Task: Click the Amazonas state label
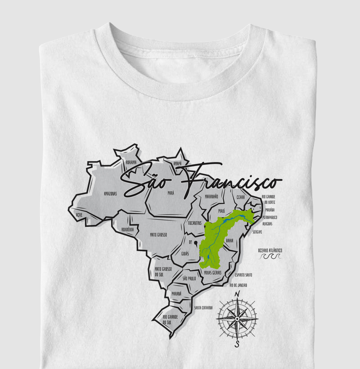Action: [110, 194]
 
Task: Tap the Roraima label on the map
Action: [131, 163]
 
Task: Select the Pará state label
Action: [171, 193]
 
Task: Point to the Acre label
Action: [80, 215]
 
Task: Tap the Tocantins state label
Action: [194, 223]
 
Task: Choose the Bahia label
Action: [229, 241]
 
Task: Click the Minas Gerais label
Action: [213, 272]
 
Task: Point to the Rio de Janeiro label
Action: [238, 285]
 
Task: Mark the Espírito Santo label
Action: [243, 274]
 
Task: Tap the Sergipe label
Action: [257, 232]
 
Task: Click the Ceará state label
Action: [241, 197]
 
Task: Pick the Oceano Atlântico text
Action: [270, 250]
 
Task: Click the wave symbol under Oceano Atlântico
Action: [271, 256]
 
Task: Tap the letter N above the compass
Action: [237, 295]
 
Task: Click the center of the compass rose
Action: [237, 319]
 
